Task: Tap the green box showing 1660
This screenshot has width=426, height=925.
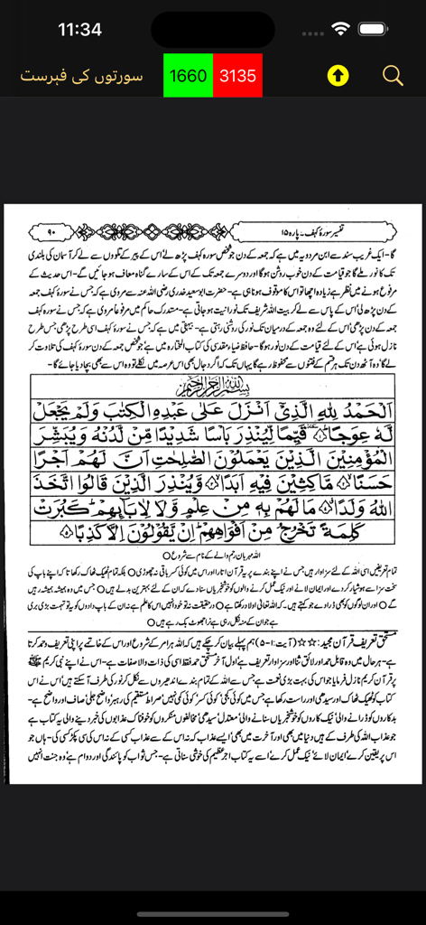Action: [x=188, y=76]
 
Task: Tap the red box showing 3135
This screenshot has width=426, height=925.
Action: [x=238, y=76]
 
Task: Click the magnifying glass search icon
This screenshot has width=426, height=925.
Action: [x=393, y=76]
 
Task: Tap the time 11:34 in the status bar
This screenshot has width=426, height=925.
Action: [x=79, y=29]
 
